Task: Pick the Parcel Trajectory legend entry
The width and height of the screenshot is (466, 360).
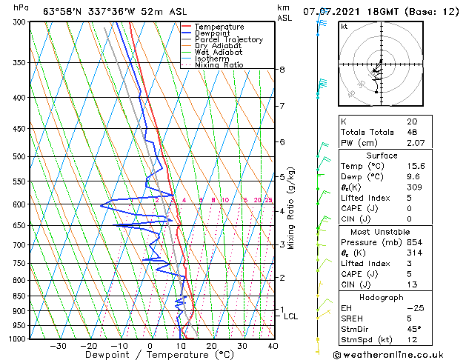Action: click(x=228, y=40)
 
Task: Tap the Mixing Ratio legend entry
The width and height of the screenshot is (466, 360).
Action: click(x=219, y=66)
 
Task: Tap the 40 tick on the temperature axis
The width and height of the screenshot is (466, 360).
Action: click(x=273, y=346)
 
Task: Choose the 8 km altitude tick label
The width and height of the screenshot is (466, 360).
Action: click(x=282, y=70)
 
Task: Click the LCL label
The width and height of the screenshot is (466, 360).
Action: click(x=290, y=316)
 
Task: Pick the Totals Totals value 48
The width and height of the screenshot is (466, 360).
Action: click(x=412, y=132)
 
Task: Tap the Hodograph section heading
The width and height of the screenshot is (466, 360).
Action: click(x=382, y=297)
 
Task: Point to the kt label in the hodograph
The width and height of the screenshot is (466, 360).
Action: click(x=344, y=27)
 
